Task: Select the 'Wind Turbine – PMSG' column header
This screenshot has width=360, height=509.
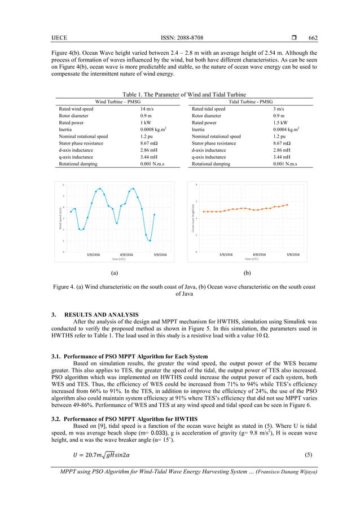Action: [x=117, y=102]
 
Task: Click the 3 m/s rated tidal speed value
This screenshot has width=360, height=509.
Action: [x=278, y=109]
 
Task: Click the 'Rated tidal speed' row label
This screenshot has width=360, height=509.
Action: [x=209, y=109]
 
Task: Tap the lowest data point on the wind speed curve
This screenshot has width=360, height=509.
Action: [x=150, y=240]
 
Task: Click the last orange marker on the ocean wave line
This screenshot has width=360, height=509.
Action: [x=287, y=205]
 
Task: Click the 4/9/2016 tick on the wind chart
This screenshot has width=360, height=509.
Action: [x=127, y=254]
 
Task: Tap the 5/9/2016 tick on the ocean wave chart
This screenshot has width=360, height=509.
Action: [x=293, y=254]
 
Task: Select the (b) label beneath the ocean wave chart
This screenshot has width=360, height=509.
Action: [x=247, y=273]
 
